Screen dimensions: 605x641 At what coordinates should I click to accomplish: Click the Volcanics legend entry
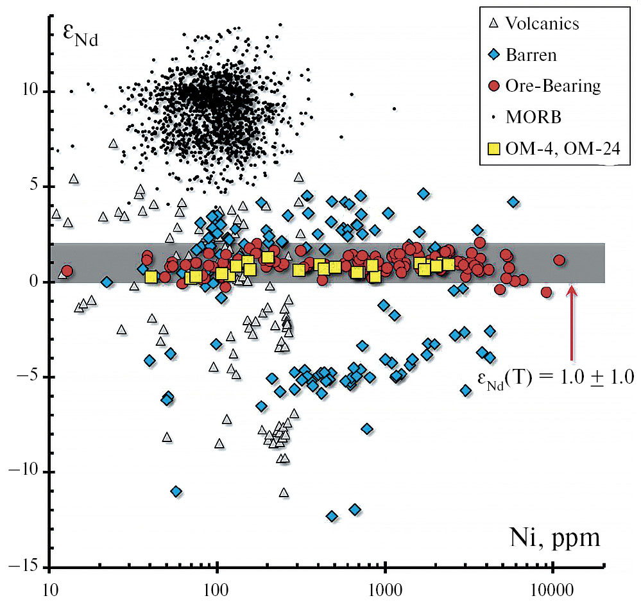click(x=542, y=24)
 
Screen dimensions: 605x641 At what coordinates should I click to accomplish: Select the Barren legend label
click(x=531, y=55)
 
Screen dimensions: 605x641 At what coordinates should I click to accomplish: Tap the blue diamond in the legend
click(x=493, y=55)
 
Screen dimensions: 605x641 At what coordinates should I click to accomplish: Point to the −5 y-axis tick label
click(x=29, y=377)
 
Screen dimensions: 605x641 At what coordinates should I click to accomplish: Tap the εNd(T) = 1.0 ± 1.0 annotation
click(x=556, y=378)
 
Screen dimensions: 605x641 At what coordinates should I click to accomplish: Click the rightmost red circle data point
click(x=559, y=260)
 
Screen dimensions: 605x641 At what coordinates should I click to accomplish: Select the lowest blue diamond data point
click(x=332, y=516)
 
